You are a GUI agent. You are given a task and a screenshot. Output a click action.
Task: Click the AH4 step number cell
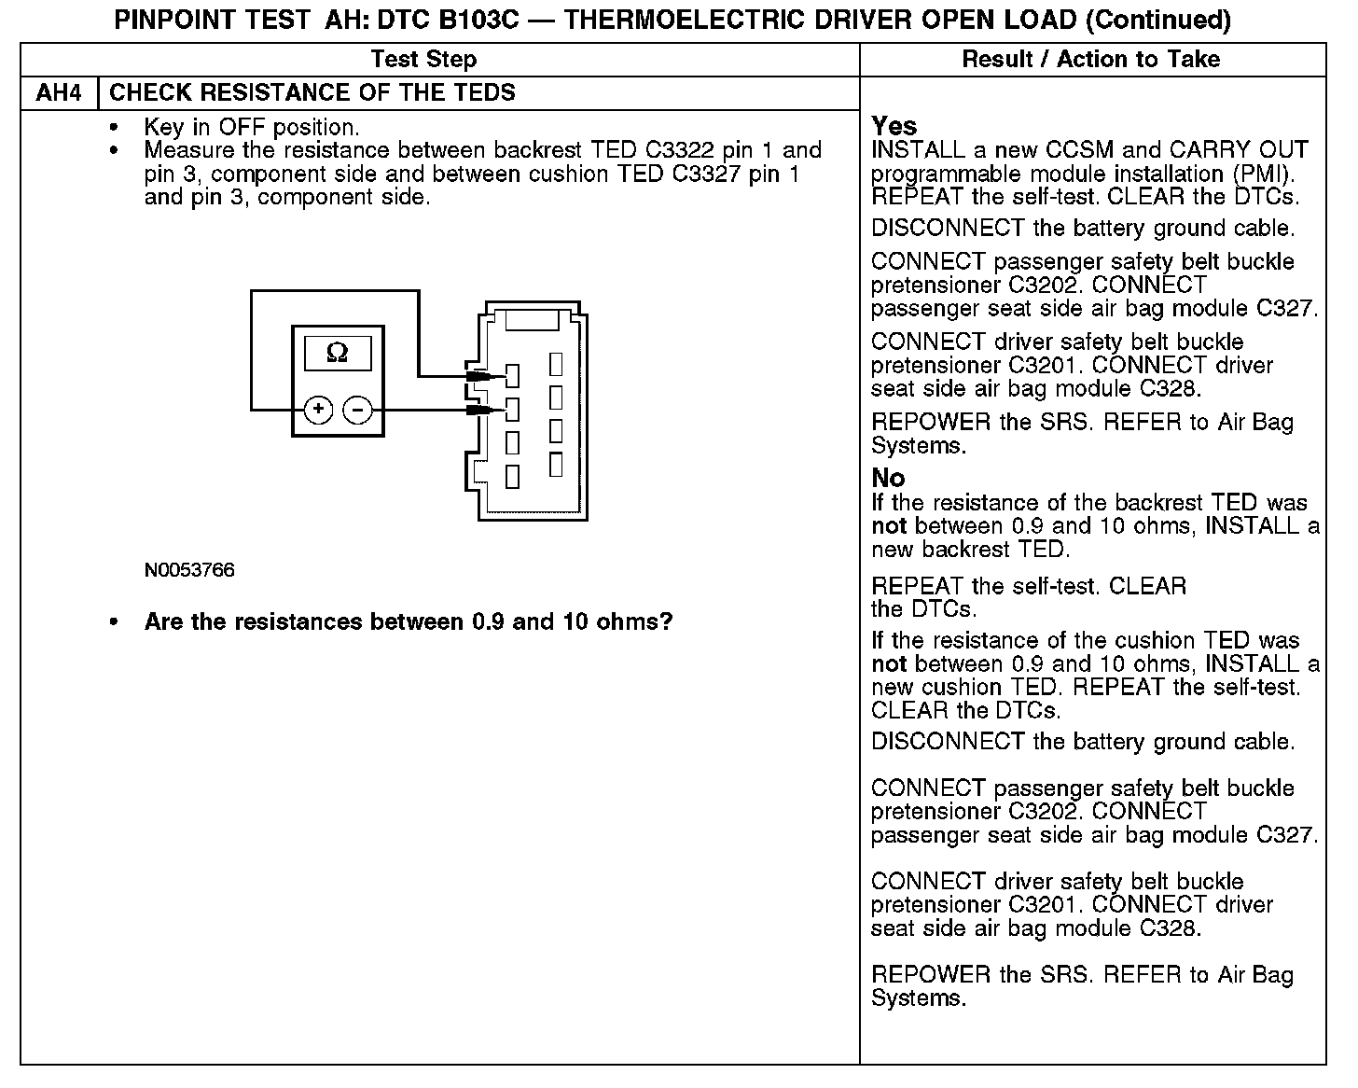58,93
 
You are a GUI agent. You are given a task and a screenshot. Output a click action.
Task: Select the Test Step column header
423,60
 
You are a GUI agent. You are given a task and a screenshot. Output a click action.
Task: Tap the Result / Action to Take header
1090,60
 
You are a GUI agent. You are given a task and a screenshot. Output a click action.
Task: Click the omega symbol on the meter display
338,353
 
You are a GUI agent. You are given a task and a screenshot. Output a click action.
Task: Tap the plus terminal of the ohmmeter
318,409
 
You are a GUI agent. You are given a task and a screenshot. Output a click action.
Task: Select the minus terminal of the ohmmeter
358,409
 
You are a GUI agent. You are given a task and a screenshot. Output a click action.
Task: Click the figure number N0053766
189,570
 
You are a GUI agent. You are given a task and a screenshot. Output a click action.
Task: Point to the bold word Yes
894,126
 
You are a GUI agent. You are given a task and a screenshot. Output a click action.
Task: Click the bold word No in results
888,478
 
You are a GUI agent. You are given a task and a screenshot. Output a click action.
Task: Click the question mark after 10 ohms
665,621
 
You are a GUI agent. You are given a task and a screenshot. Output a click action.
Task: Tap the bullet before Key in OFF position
115,128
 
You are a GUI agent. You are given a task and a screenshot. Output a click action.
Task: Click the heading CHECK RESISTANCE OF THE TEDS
312,93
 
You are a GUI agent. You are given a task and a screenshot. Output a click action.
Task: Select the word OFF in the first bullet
242,128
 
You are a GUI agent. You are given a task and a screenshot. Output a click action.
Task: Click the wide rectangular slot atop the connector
531,319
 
